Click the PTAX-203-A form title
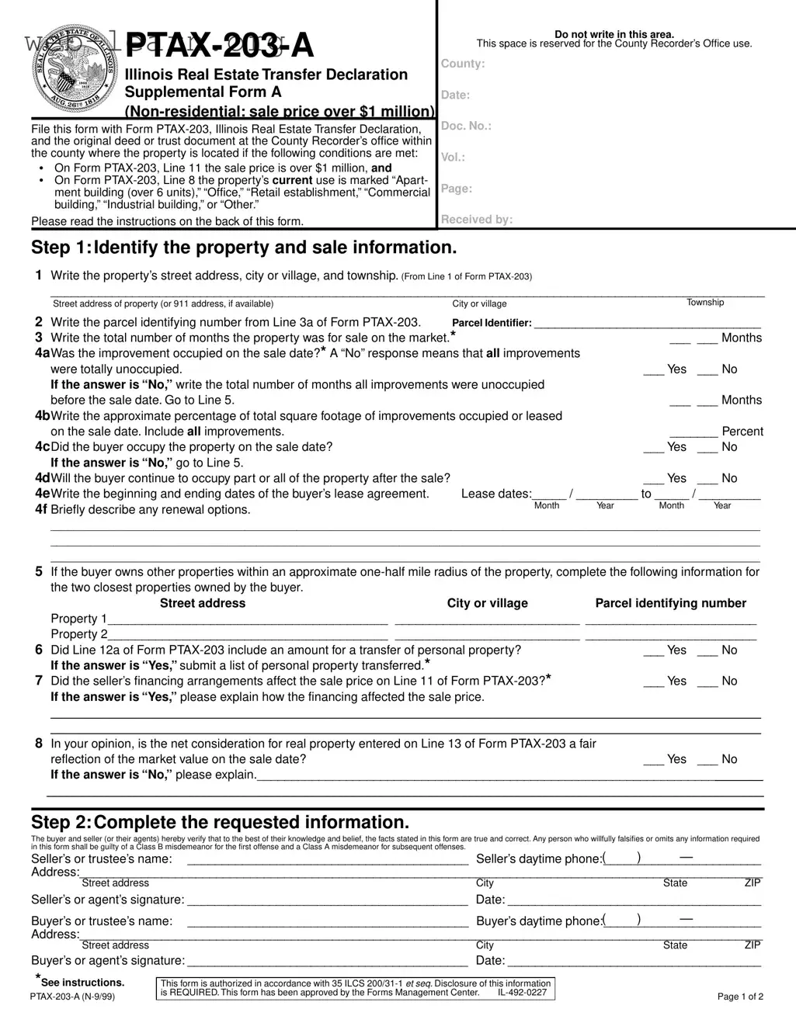click(219, 46)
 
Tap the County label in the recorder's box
click(463, 64)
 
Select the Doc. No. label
click(466, 126)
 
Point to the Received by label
click(477, 220)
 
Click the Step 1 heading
click(244, 248)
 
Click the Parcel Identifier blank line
click(647, 324)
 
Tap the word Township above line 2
click(704, 303)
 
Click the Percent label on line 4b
click(742, 432)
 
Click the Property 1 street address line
click(248, 620)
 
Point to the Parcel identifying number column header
click(670, 604)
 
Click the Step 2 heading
click(220, 823)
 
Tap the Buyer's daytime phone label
click(539, 921)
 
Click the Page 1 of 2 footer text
click(740, 997)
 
